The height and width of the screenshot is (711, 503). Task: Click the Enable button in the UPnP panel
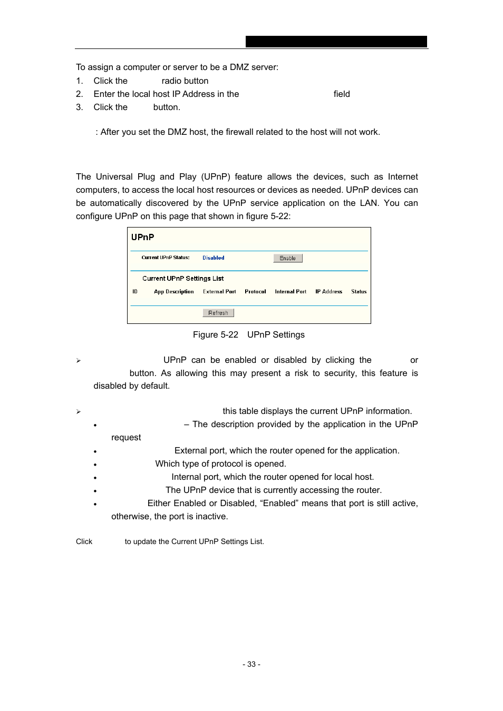click(x=287, y=258)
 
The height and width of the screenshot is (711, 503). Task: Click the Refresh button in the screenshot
click(x=218, y=313)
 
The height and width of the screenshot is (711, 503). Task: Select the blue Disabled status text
click(x=213, y=258)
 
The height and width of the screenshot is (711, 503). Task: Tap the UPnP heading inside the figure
click(x=142, y=238)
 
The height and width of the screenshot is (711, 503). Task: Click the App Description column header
click(x=173, y=292)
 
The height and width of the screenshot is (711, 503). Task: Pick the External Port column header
click(x=219, y=292)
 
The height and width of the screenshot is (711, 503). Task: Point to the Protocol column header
click(x=255, y=292)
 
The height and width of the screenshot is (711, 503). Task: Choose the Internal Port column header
click(x=290, y=292)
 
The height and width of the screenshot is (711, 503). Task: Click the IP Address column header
click(x=328, y=292)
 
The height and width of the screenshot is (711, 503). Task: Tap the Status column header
click(x=359, y=292)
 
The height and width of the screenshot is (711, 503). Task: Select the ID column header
click(x=135, y=292)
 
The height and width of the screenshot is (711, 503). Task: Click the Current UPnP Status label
click(x=165, y=258)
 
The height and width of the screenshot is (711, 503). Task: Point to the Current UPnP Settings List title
click(x=183, y=279)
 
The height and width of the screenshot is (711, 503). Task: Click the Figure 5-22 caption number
click(x=215, y=335)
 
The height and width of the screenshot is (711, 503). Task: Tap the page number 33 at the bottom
click(x=252, y=665)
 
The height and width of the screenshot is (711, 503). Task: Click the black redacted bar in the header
click(x=336, y=42)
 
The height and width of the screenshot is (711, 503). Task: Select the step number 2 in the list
click(x=79, y=94)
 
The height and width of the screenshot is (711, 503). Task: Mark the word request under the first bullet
click(x=126, y=438)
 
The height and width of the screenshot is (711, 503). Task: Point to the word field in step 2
click(x=342, y=94)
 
